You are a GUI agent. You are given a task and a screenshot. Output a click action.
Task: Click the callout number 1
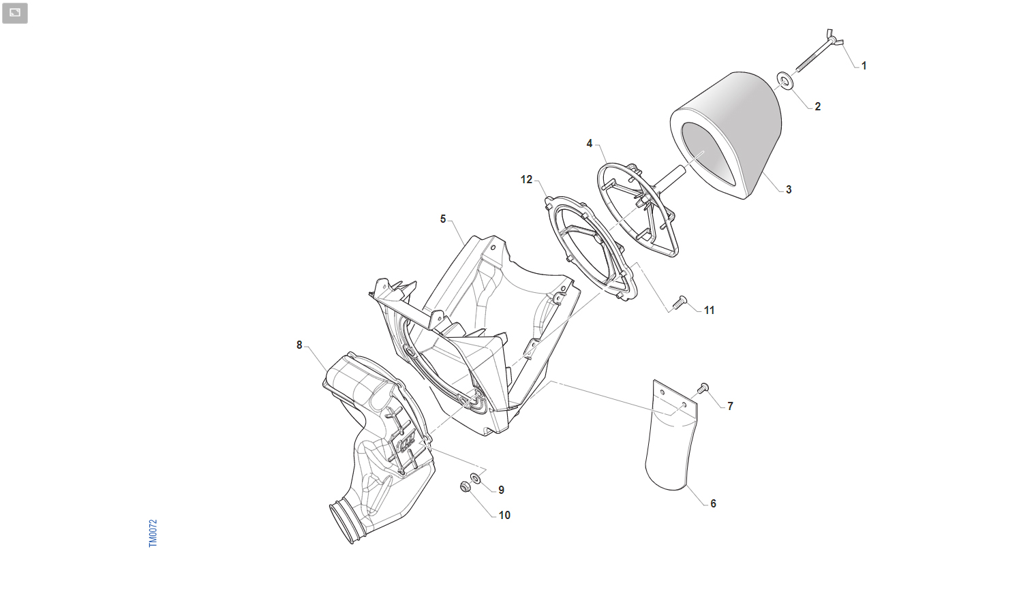point(864,66)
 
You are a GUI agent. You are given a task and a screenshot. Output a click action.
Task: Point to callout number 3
point(789,189)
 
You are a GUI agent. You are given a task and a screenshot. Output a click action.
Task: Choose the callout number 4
point(589,144)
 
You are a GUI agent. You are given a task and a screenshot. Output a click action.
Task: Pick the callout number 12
point(526,180)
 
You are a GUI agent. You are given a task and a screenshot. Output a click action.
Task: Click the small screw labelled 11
point(680,302)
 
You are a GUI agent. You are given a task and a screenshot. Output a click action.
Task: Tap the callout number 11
point(709,311)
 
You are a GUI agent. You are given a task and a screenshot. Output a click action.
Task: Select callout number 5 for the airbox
point(442,219)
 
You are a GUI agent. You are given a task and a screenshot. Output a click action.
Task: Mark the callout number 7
point(730,407)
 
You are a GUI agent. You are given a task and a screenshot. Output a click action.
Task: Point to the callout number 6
point(713,503)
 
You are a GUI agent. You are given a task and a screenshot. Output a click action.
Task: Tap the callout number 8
point(299,345)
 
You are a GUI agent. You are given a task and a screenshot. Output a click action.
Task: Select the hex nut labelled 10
point(465,486)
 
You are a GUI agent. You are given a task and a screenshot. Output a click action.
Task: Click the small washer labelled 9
point(476,478)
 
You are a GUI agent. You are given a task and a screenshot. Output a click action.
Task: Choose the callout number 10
point(504,516)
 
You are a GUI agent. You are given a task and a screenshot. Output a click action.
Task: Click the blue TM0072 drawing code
point(153,533)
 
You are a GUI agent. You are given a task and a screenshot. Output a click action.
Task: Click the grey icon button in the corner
point(15,13)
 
